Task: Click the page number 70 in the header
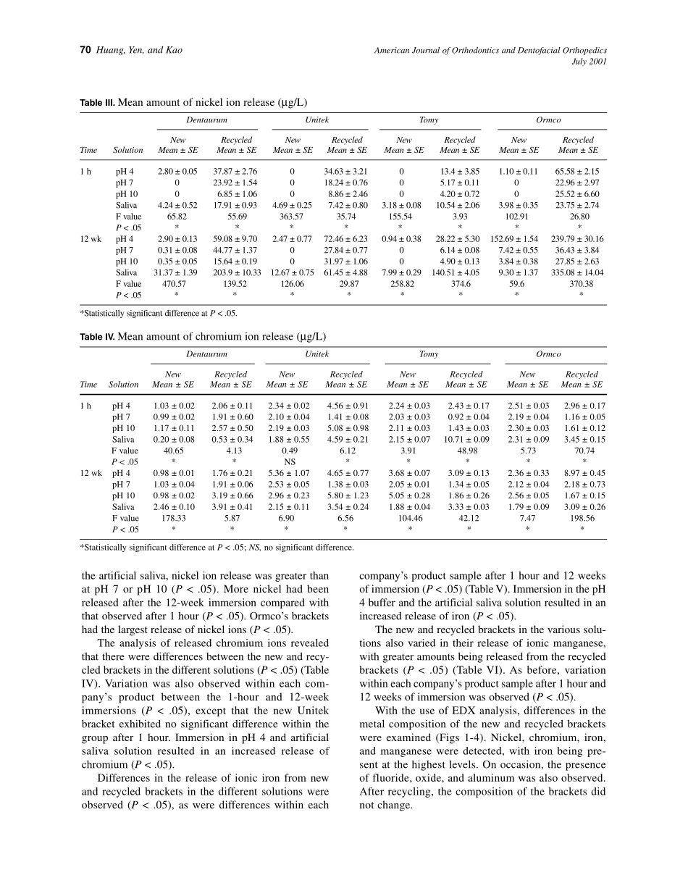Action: [85, 50]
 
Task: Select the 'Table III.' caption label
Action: [97, 102]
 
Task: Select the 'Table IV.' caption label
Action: [97, 337]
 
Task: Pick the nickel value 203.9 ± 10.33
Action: [236, 272]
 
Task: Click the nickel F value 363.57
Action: [292, 216]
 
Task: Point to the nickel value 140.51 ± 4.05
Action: [460, 272]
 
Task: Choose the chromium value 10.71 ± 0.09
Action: [467, 439]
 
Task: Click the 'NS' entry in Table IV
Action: [288, 461]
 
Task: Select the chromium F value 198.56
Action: [583, 519]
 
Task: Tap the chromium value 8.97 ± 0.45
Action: [583, 473]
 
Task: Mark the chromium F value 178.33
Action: [173, 519]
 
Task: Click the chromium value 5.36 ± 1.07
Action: [288, 473]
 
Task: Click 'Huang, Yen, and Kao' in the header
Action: [138, 50]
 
